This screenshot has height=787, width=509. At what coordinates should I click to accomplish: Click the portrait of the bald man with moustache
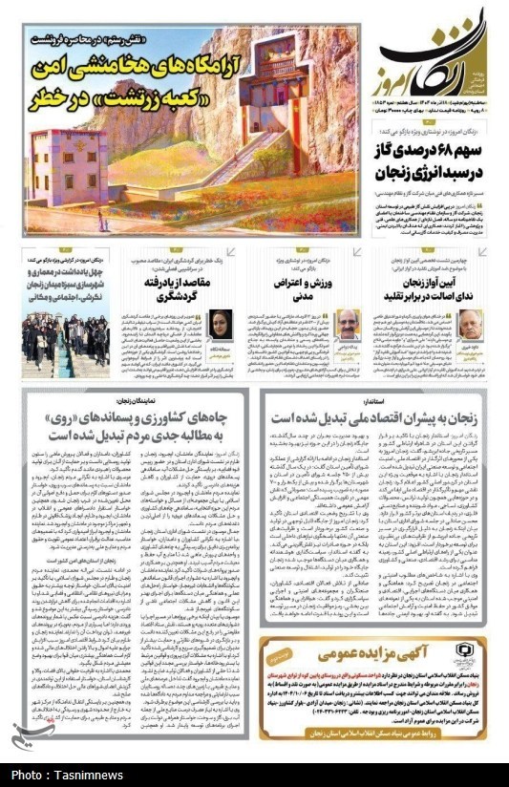click(x=343, y=326)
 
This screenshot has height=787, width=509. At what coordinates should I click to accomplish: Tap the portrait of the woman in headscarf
click(x=222, y=326)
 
